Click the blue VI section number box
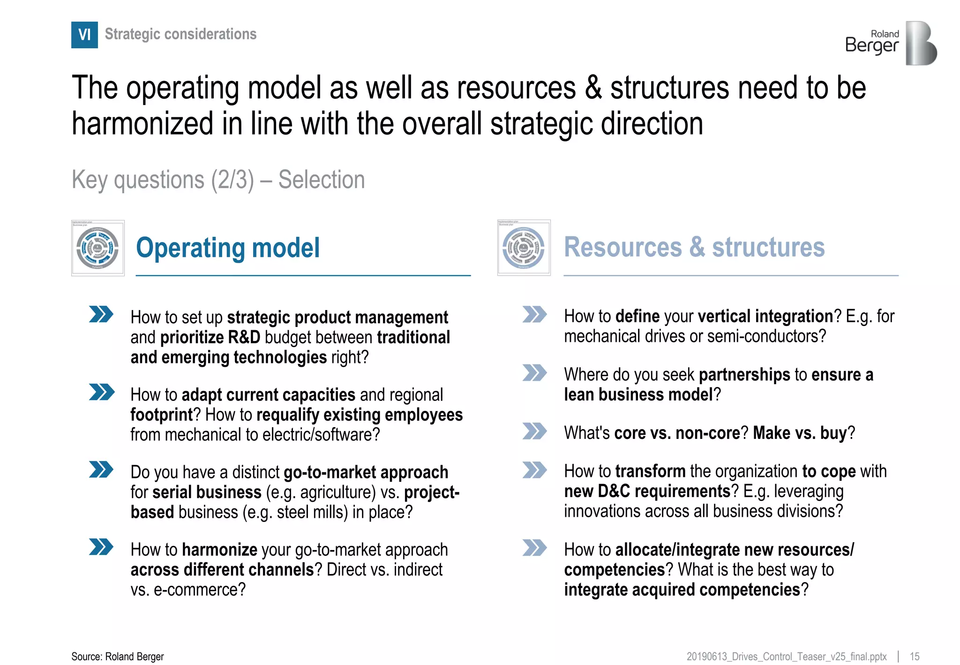pos(84,35)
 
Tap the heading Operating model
pos(228,248)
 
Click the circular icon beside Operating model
pos(97,248)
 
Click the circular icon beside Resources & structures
pos(524,248)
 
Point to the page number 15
pos(915,657)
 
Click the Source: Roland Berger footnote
pos(118,657)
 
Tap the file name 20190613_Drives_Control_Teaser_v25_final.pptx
pos(786,657)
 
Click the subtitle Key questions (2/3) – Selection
pos(218,180)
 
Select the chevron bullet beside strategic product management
pos(101,314)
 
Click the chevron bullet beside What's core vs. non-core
pos(534,431)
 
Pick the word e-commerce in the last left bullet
pos(199,589)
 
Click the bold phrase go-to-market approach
pos(366,472)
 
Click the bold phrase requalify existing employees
pos(360,415)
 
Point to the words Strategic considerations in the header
pos(180,34)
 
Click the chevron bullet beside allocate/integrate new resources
pos(534,547)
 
